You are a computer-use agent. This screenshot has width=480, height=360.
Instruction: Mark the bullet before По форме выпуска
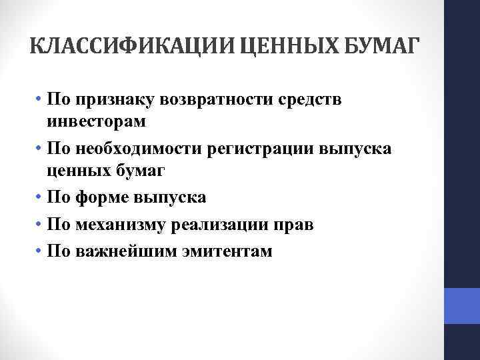(41, 198)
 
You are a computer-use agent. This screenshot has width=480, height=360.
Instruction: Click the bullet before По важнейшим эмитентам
(41, 251)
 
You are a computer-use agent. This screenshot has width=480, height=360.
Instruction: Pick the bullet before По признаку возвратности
(41, 99)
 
